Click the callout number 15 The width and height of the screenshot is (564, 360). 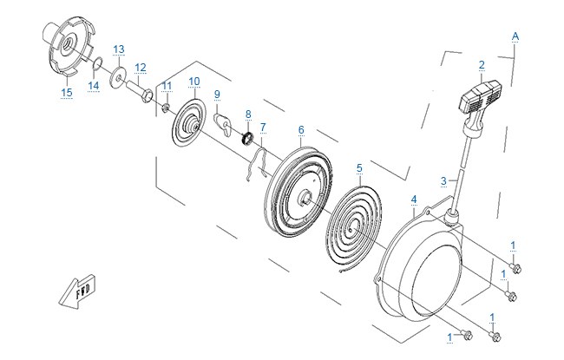tap(67, 93)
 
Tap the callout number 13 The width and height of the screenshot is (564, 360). tap(119, 49)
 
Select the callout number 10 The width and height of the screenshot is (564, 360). tap(193, 82)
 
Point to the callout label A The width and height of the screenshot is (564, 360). tap(515, 36)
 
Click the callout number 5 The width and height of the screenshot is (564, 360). tap(359, 168)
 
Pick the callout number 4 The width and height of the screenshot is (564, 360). tap(414, 200)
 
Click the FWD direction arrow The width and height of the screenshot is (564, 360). tap(77, 291)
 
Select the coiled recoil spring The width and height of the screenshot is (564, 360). tap(353, 230)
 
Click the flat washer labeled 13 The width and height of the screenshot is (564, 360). tap(118, 75)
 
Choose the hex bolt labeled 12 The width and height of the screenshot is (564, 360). tap(139, 90)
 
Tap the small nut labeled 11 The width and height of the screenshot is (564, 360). tap(166, 108)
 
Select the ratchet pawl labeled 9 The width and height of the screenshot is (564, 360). tap(223, 123)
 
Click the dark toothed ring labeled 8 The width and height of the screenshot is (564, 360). tap(247, 139)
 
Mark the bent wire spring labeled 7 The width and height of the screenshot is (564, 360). tap(257, 162)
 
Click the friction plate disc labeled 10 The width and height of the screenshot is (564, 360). tap(189, 122)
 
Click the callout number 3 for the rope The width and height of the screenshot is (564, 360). tap(443, 180)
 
